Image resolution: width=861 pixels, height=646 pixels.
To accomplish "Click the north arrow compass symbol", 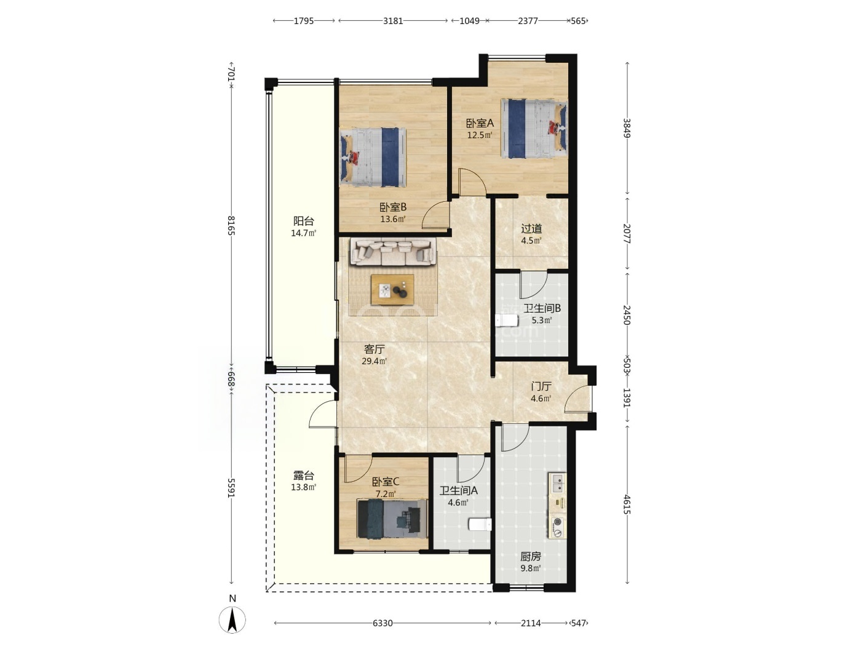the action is point(232,620).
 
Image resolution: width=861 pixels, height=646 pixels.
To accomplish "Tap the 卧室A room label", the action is point(480,123).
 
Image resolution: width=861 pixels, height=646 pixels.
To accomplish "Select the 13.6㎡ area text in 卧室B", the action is point(392,219).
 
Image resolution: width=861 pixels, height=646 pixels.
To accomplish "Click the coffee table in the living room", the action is point(392,289).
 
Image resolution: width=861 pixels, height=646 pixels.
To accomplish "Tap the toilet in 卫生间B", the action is point(507,321).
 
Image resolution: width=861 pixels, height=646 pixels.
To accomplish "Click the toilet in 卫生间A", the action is point(480,524).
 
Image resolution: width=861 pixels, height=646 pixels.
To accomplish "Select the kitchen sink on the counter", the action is point(557,483).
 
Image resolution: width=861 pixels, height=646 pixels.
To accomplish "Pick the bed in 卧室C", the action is point(392,518).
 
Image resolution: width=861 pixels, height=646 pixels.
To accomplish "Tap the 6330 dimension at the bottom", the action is point(383,623).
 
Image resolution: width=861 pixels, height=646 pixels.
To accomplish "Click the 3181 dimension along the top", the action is point(393,21).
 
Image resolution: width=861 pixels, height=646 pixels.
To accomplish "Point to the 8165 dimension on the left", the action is point(231,226).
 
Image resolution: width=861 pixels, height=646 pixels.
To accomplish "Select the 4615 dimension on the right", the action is point(627,504).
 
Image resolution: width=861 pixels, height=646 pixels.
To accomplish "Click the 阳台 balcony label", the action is point(304,221).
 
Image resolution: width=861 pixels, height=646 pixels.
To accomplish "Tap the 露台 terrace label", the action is point(304,476).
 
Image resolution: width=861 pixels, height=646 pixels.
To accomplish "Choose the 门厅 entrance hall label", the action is point(541,386).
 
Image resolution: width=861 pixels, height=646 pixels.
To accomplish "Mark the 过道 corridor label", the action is point(531,228).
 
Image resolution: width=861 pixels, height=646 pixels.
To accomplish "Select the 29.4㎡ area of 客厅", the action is point(374,361).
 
